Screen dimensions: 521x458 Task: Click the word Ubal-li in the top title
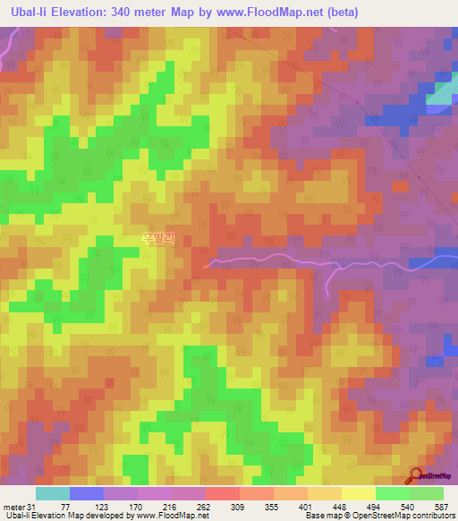point(30,13)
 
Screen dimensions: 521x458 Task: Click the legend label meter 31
point(18,507)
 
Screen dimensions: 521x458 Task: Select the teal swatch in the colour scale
point(52,493)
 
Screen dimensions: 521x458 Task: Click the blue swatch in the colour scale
point(86,493)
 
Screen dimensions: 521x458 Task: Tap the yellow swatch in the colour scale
point(358,493)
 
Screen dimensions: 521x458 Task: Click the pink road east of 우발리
point(268,261)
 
